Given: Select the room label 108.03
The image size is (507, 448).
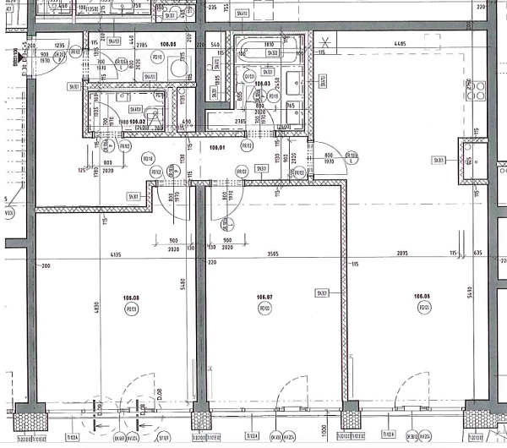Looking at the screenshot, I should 262,84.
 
